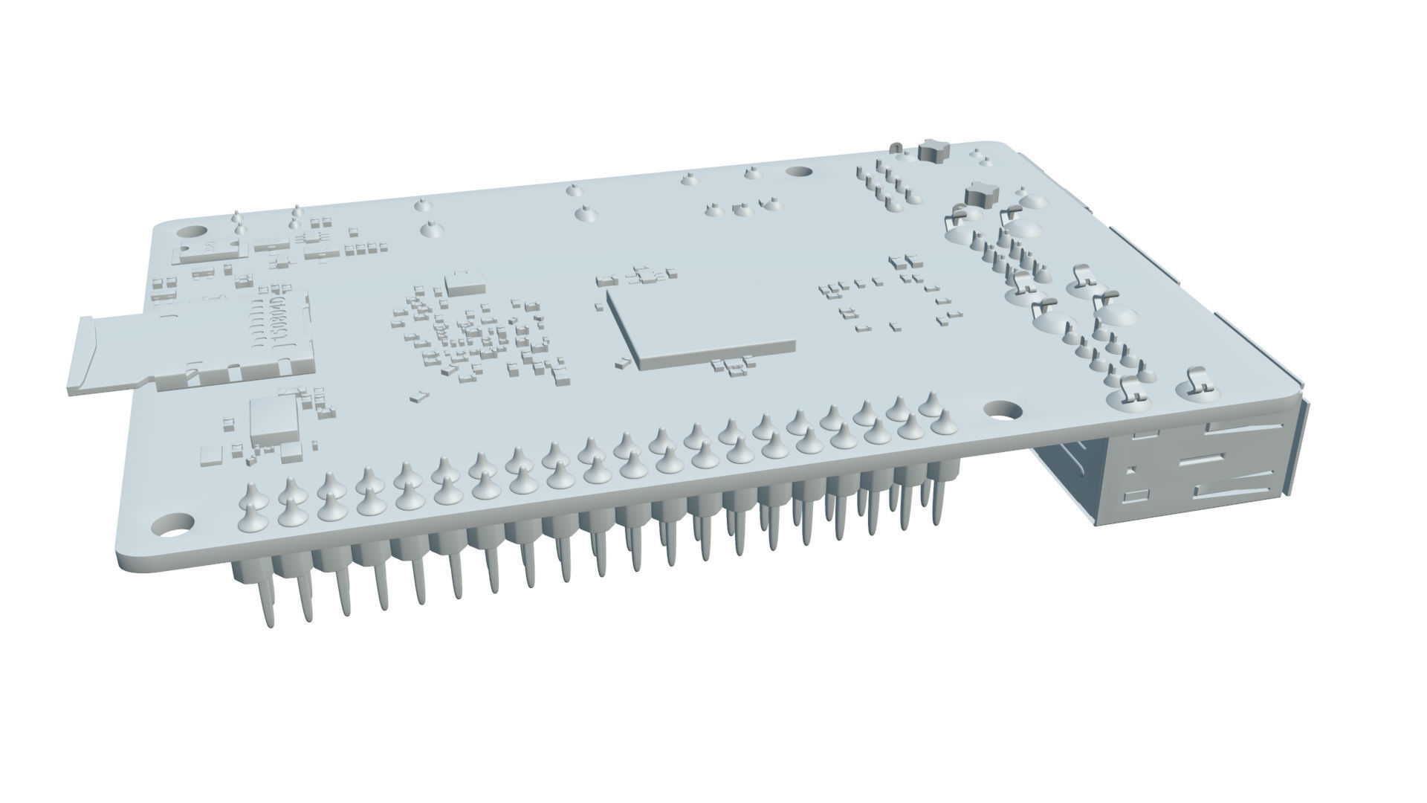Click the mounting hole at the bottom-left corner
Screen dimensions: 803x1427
tap(173, 523)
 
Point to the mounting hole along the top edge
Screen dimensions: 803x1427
tap(799, 172)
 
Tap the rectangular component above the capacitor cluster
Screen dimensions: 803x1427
tap(465, 282)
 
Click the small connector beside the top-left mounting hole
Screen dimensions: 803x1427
tap(212, 249)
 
